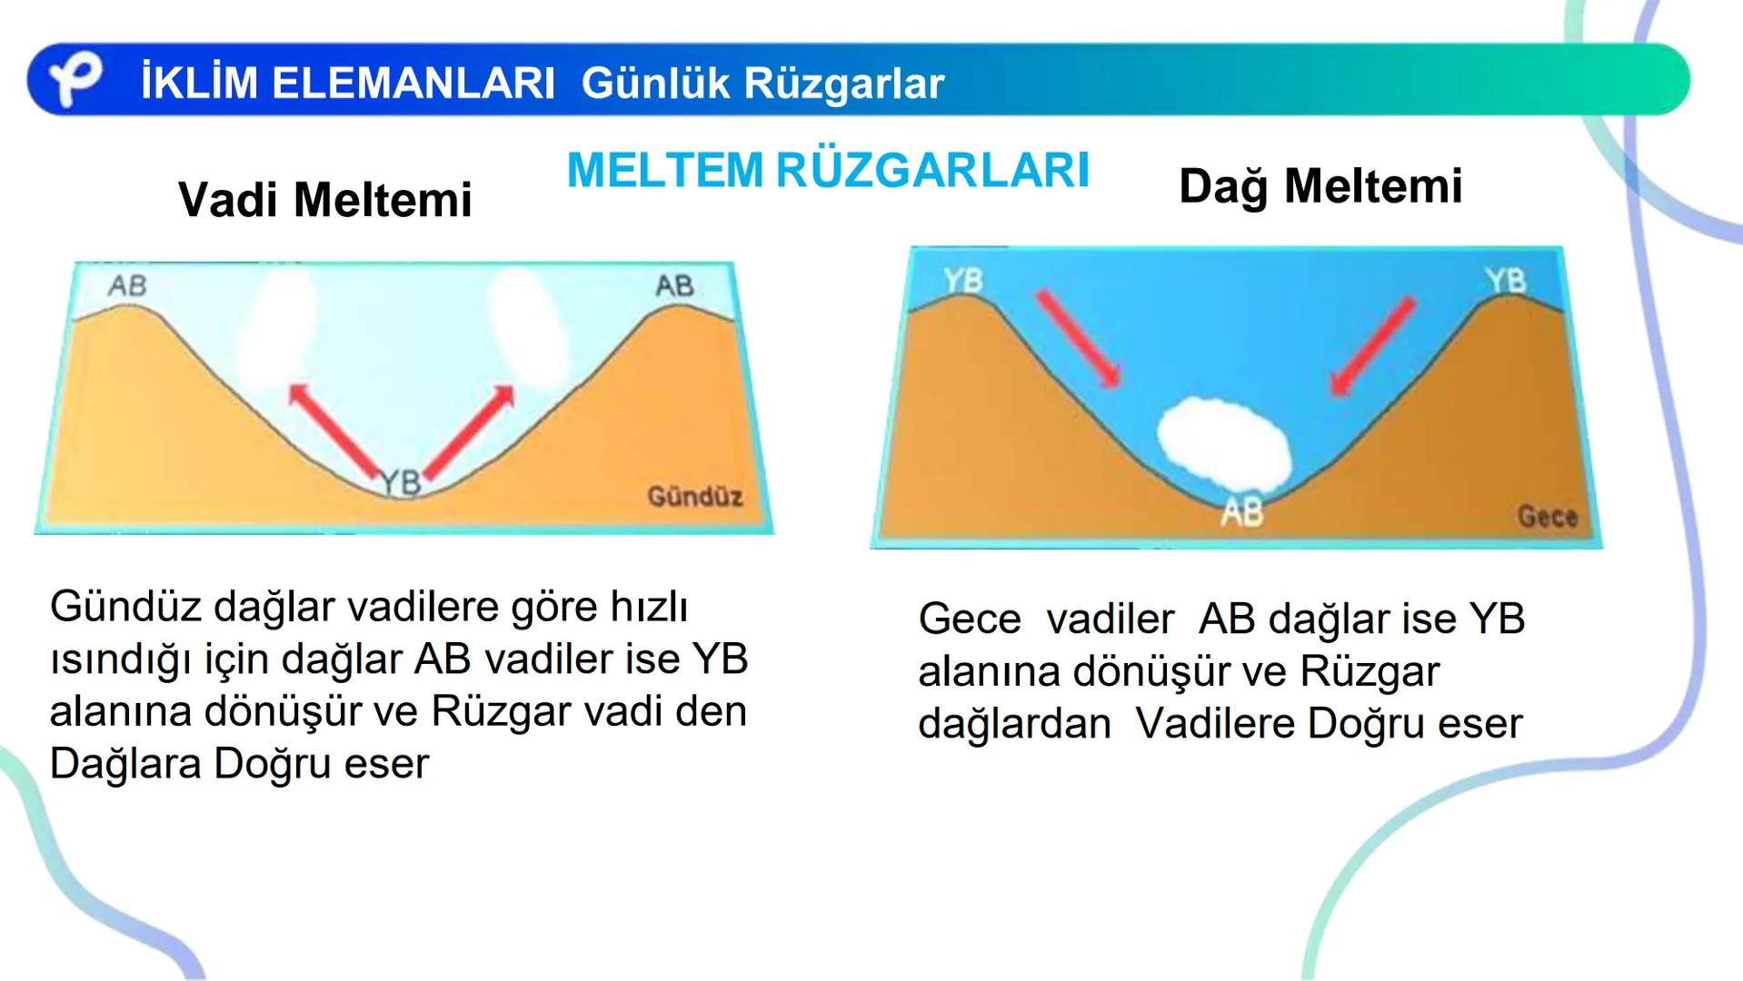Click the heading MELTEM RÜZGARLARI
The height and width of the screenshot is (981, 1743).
click(828, 170)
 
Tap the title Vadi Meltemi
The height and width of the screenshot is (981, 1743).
click(325, 200)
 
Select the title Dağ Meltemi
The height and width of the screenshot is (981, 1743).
click(1320, 186)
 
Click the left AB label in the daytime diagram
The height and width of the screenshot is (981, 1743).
click(127, 286)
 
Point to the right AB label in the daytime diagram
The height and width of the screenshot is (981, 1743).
click(674, 286)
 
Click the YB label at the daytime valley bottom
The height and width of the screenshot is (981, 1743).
click(401, 481)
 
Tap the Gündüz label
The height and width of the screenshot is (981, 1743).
click(694, 497)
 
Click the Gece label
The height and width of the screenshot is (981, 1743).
click(1547, 517)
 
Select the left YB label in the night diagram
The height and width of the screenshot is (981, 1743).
click(962, 281)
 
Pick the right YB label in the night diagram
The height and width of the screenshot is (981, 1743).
click(1506, 281)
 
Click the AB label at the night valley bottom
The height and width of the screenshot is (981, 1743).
click(1242, 513)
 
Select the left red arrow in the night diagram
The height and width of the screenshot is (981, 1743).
click(1079, 338)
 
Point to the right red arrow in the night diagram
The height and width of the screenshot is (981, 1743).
click(1372, 346)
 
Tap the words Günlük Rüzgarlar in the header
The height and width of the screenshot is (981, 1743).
click(762, 84)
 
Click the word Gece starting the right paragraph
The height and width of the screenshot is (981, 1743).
click(969, 619)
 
